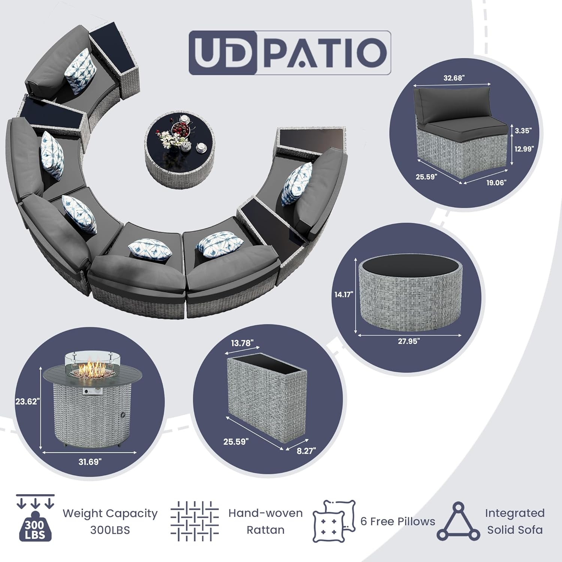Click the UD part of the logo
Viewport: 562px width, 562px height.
pos(223,53)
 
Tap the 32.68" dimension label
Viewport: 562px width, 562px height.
pos(454,78)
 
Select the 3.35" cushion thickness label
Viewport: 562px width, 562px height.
pos(523,131)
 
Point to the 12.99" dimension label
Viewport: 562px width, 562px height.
pos(524,149)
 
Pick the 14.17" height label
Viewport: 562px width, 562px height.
pos(344,294)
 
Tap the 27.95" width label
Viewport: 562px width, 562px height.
pos(409,341)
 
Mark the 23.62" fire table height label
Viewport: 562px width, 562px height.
pos(27,402)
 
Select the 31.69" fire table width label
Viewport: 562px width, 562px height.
pos(90,462)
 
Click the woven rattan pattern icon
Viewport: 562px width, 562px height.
pos(194,521)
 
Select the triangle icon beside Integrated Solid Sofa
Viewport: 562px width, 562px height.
pos(458,522)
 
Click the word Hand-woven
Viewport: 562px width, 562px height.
pos(265,513)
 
